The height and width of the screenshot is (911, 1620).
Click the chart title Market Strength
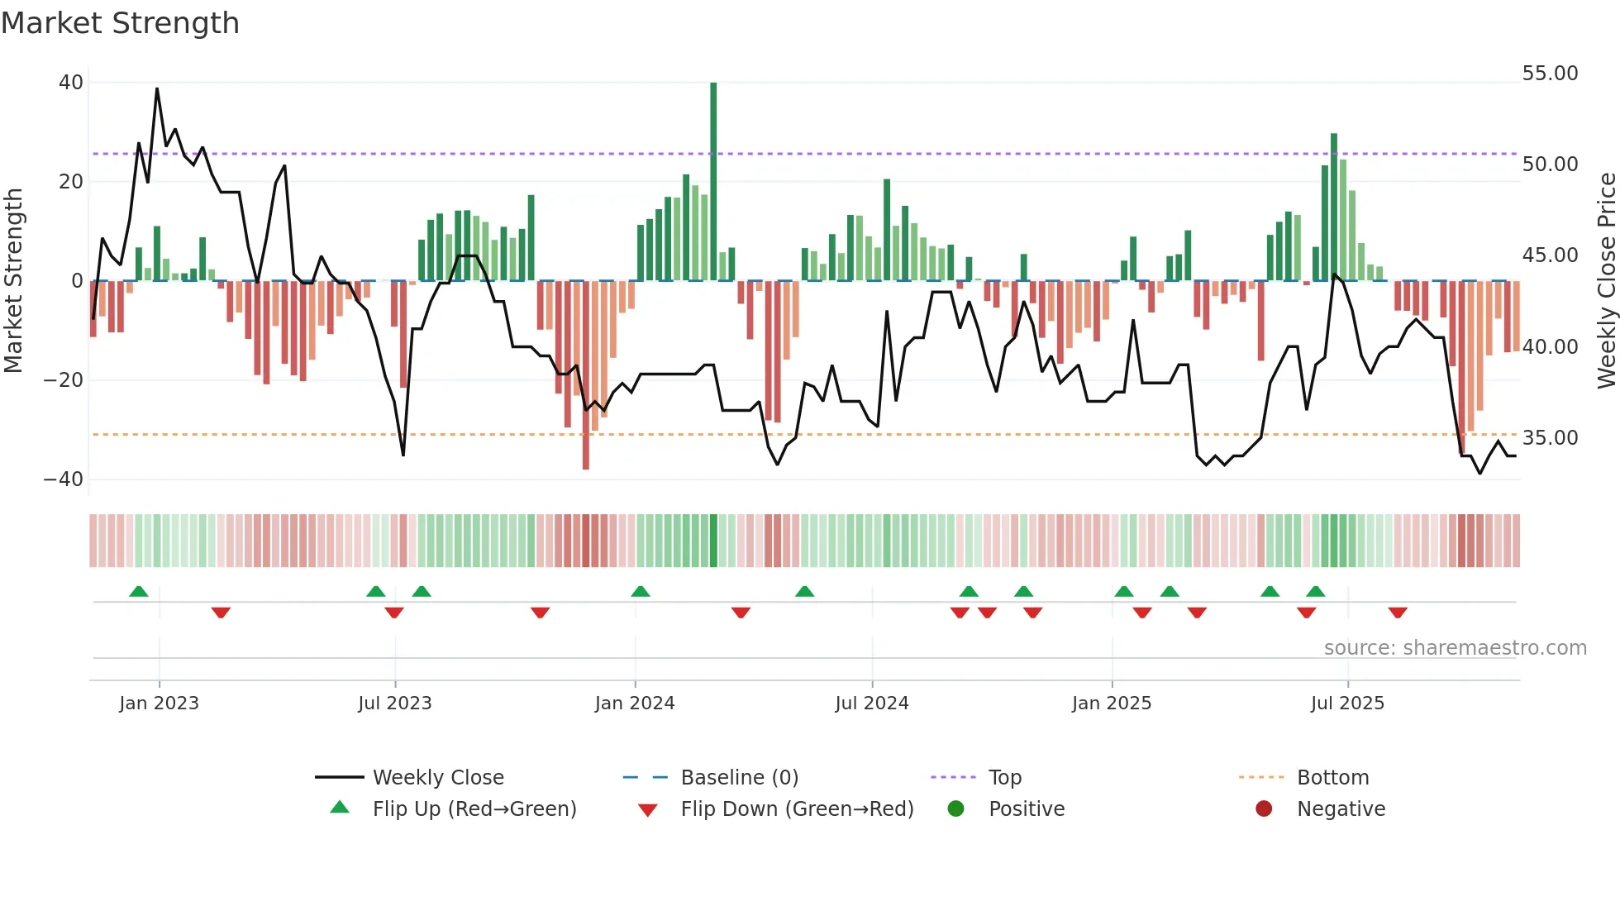point(120,23)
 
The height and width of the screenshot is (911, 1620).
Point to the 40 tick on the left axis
point(71,83)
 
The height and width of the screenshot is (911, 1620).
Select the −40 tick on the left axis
point(64,479)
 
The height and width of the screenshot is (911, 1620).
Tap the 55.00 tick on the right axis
point(1550,74)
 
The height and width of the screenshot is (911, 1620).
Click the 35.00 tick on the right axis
point(1550,438)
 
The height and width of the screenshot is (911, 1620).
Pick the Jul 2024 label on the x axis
point(871,704)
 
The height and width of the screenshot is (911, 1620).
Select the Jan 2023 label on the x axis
point(159,704)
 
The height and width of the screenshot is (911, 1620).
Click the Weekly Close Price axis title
point(1606,281)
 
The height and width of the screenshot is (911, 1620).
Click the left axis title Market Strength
point(13,281)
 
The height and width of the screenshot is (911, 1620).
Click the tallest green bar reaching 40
point(713,182)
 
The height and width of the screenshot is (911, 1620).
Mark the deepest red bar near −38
point(586,376)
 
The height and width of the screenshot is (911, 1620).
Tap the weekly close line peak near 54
point(157,89)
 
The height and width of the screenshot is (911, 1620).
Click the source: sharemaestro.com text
point(1455,648)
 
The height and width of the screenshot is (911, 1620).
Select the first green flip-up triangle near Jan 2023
point(139,592)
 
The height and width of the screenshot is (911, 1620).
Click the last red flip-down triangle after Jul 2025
point(1398,613)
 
